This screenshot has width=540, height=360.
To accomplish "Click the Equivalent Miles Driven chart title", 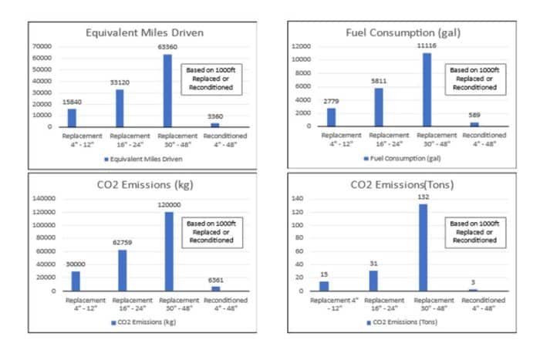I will click(x=139, y=33).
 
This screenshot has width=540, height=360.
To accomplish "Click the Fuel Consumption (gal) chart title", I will click(x=400, y=33).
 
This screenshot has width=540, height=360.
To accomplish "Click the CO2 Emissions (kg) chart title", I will click(x=139, y=185).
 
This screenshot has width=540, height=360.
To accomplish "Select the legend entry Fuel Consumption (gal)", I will click(x=401, y=158).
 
